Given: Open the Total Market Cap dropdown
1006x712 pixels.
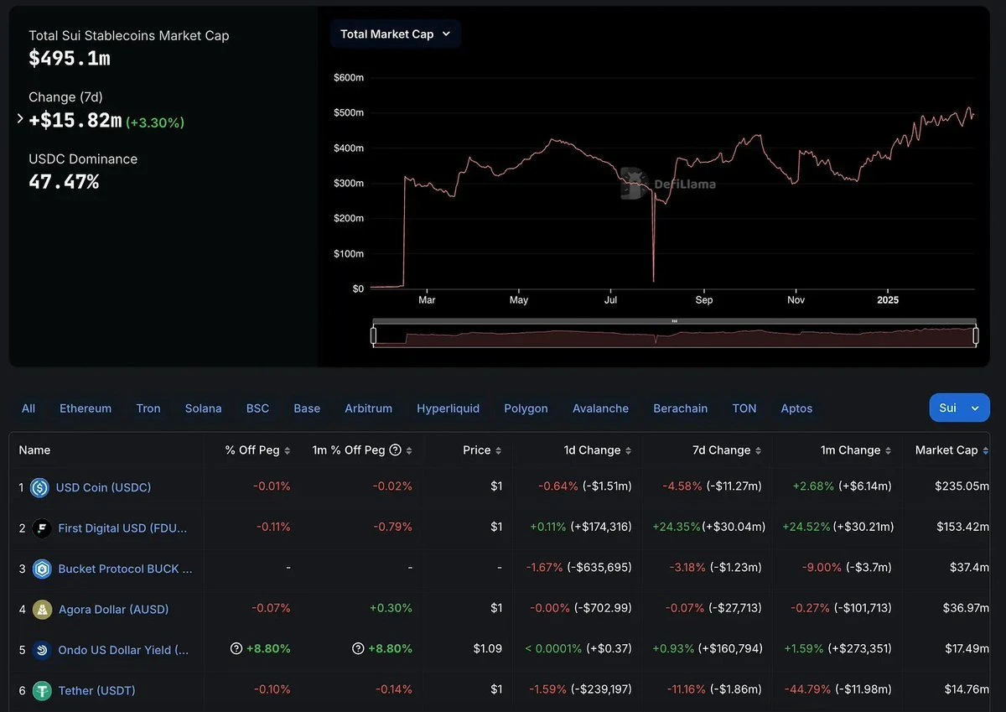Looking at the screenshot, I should tap(395, 34).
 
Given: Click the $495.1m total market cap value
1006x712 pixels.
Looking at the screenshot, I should tap(70, 58).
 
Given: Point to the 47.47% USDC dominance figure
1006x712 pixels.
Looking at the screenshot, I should tap(64, 181).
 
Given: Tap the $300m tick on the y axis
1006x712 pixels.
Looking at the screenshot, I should tap(348, 183).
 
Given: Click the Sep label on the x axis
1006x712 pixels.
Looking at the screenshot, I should tap(704, 299).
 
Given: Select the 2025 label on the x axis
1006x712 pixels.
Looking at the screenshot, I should tap(888, 299).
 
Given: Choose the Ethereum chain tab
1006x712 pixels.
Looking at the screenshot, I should tap(86, 408).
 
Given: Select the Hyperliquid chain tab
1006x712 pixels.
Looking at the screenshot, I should tap(448, 408).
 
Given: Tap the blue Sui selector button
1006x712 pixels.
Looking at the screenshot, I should tap(958, 408).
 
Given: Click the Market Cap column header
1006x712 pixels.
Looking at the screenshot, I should tap(946, 450).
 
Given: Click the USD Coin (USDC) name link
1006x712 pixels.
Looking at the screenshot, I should tap(103, 487).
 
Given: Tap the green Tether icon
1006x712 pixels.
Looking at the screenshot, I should tap(42, 691).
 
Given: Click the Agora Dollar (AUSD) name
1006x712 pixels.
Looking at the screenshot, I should tap(113, 609).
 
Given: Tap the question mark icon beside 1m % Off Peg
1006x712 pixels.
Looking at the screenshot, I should tap(396, 450).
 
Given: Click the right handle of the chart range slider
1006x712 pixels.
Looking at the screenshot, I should tap(976, 335).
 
